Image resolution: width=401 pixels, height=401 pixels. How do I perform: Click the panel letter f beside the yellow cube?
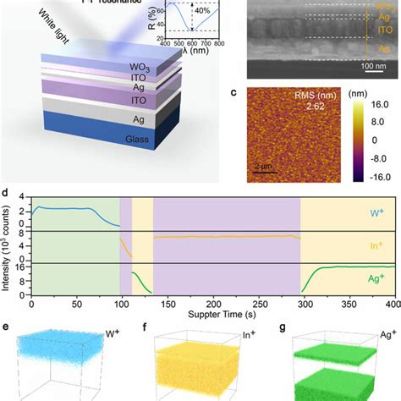tap(144, 327)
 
